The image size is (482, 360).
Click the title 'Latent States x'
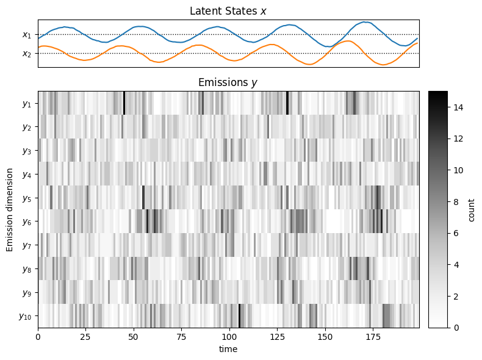coord(228,11)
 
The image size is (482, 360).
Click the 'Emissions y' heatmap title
coord(228,82)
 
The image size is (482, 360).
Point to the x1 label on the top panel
coord(26,35)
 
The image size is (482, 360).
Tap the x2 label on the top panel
coord(26,54)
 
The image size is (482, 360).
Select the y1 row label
coord(26,104)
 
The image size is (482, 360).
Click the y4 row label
coord(26,175)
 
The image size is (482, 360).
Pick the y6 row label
coord(26,221)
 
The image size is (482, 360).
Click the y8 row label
coord(26,269)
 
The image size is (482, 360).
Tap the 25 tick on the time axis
coord(86,336)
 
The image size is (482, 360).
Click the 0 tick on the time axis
coord(38,336)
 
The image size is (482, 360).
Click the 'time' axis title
coord(228,349)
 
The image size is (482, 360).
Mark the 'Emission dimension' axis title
coord(10,209)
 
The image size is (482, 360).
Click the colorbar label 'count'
coord(472,209)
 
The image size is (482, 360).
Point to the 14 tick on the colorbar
coord(458,107)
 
